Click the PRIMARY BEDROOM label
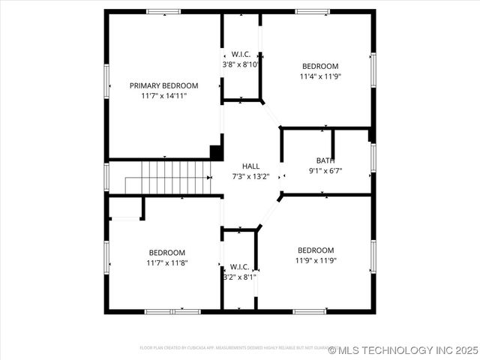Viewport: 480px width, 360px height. pos(163,85)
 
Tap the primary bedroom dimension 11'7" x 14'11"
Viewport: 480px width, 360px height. pos(163,96)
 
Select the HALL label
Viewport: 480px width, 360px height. pos(250,166)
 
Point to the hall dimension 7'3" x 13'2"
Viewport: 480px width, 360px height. pos(250,176)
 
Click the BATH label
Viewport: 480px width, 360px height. pos(325,160)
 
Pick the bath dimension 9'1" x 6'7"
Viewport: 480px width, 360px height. pos(325,170)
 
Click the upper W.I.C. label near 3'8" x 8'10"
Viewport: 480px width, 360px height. pos(241,54)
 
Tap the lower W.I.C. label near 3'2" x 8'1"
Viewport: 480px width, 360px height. pos(240,266)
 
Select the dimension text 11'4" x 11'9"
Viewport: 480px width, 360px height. pos(320,76)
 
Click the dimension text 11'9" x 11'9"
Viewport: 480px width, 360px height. pos(316,260)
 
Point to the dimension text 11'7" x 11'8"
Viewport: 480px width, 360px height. pos(166,262)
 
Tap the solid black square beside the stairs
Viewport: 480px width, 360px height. pos(216,151)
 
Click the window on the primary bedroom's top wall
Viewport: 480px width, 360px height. pos(163,12)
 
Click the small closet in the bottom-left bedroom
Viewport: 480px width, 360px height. pos(125,208)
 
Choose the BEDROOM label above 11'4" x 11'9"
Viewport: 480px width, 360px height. pos(320,66)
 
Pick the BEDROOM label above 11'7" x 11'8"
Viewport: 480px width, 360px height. pos(166,253)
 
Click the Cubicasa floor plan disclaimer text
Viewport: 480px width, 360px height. pos(232,348)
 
